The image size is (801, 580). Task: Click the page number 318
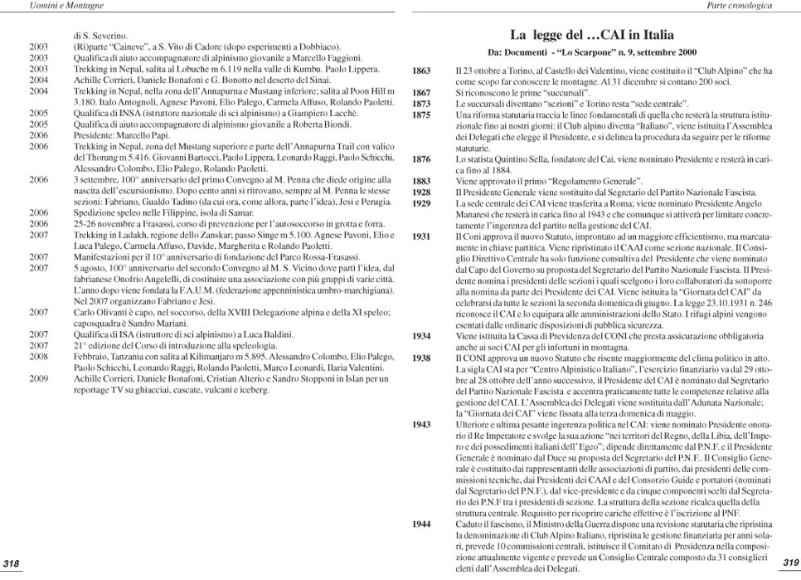pos(12,564)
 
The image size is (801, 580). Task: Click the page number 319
pos(789,563)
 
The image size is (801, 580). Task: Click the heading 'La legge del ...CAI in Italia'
pos(591,36)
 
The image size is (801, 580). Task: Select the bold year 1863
pos(421,72)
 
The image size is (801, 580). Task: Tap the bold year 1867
pos(421,93)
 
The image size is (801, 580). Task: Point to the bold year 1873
pos(421,104)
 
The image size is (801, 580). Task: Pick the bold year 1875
pos(421,115)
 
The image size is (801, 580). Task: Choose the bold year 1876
pos(421,158)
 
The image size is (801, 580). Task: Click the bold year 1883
pos(421,180)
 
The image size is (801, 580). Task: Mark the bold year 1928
pos(421,192)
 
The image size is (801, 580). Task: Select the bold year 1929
pos(421,202)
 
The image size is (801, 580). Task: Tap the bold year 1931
pos(421,236)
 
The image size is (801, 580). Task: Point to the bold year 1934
pos(421,335)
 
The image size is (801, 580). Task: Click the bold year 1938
pos(421,358)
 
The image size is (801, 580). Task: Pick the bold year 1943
pos(421,424)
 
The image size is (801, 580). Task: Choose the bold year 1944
pos(421,524)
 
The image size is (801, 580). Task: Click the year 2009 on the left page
pos(39,378)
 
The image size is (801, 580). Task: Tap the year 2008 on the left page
pos(39,355)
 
